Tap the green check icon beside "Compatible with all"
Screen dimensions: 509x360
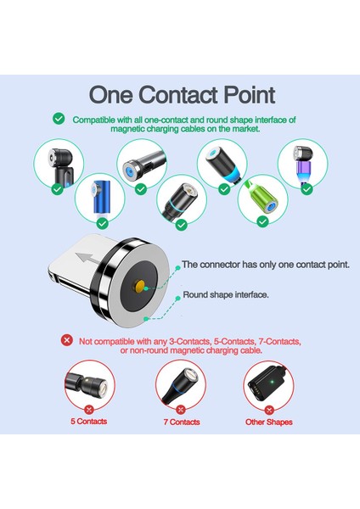[59, 120]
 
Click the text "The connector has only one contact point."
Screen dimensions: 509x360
[264, 265]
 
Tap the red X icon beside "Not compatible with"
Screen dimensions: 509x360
[66, 340]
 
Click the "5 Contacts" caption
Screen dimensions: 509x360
[88, 422]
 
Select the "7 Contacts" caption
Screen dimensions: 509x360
[180, 422]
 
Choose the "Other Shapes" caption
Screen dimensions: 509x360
[268, 422]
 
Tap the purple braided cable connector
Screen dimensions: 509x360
[303, 164]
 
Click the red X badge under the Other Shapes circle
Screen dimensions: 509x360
[269, 409]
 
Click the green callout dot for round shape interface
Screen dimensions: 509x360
[146, 318]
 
